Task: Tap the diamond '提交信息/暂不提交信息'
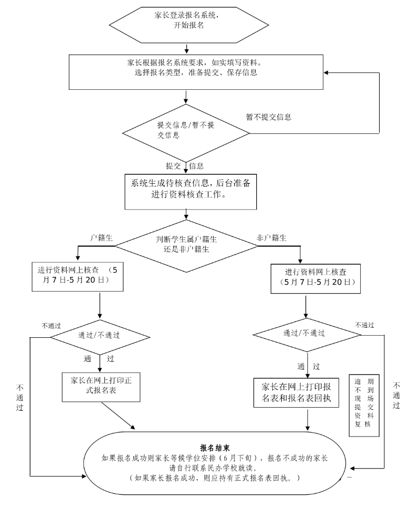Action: click(186, 130)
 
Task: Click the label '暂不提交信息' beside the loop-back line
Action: click(269, 117)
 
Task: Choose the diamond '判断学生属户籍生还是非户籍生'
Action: click(186, 244)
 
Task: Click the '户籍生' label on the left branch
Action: click(100, 237)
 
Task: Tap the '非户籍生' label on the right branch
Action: click(271, 237)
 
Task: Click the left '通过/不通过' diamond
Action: click(99, 335)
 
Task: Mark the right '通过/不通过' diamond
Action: click(304, 333)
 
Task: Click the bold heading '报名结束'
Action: click(215, 448)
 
